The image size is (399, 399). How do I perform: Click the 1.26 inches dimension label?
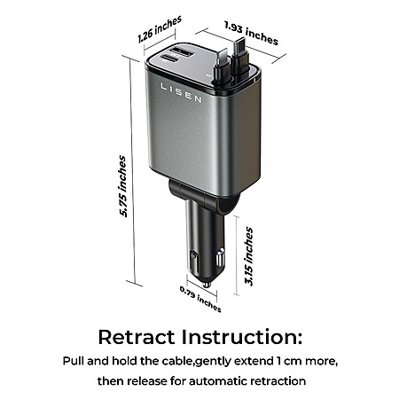160,29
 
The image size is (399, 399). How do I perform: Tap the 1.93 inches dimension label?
251,33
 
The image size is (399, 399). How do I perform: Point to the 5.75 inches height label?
122,186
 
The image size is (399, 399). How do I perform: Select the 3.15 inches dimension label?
249,256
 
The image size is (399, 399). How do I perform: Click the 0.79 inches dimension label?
200,299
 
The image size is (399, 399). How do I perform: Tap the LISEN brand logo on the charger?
181,92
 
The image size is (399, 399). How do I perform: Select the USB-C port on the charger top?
170,59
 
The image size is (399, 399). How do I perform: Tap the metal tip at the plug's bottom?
207,285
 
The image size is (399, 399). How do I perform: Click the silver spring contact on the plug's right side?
220,258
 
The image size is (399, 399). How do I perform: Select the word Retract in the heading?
137,337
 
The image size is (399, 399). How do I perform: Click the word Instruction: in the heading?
242,337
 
